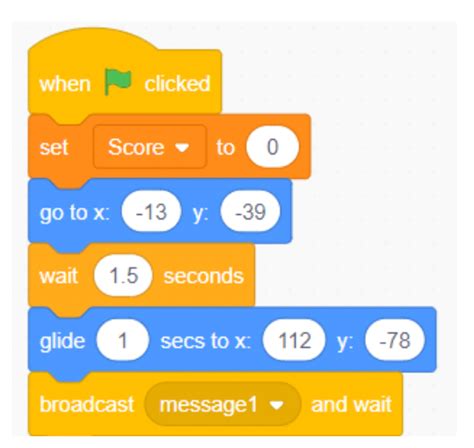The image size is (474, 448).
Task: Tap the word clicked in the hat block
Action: (x=176, y=82)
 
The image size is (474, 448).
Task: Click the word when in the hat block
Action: (x=63, y=82)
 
